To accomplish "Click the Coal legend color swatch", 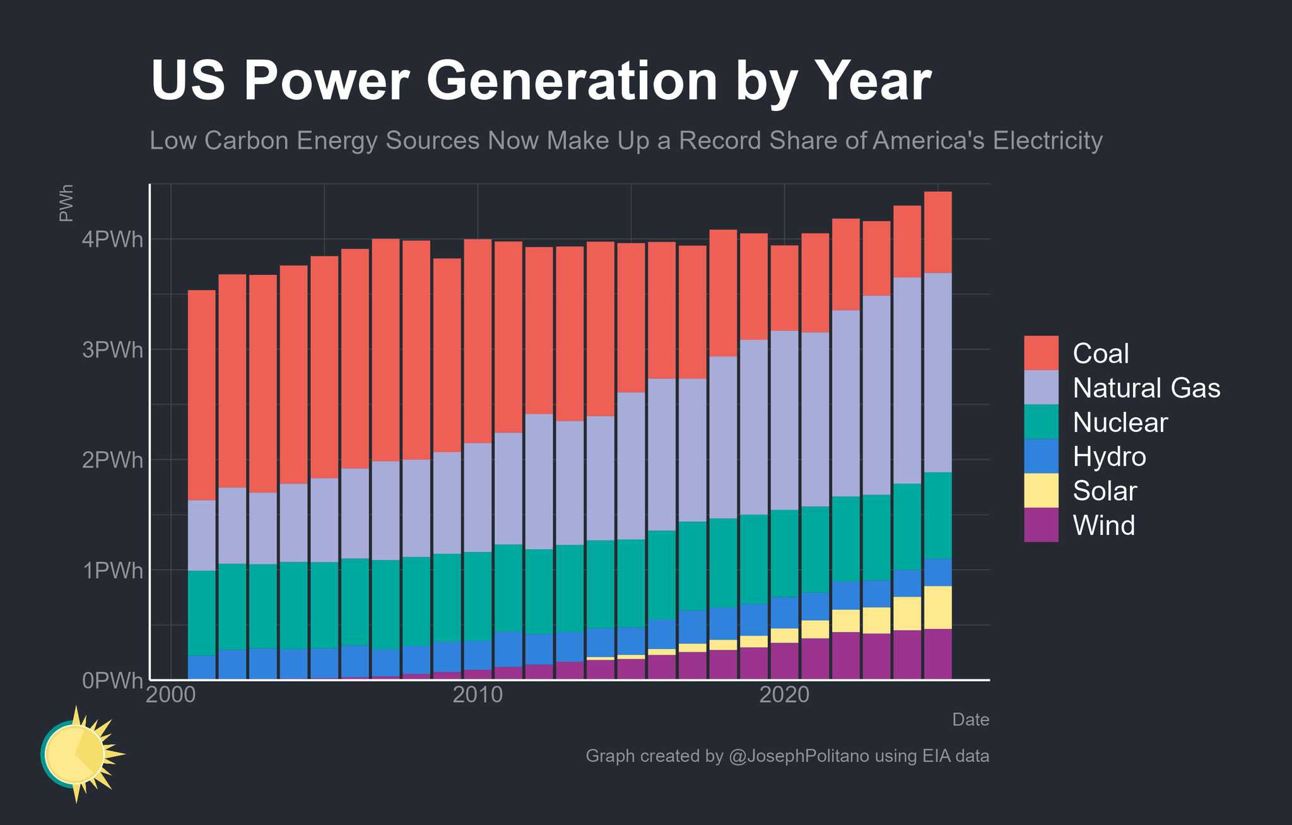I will (1041, 353).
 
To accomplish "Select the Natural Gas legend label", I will (1146, 388).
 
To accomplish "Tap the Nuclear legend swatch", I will (1041, 422).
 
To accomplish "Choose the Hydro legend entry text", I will (1109, 456).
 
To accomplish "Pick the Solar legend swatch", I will (1041, 491).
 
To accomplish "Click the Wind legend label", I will (1103, 525).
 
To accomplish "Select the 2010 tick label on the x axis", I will (478, 696).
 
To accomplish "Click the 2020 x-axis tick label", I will (784, 696).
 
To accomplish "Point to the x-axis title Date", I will (970, 720).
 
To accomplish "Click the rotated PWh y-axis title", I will (66, 203).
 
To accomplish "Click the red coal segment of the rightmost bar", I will (937, 232).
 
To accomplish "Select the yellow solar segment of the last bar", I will (937, 607).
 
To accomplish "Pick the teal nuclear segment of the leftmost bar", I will (202, 613).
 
